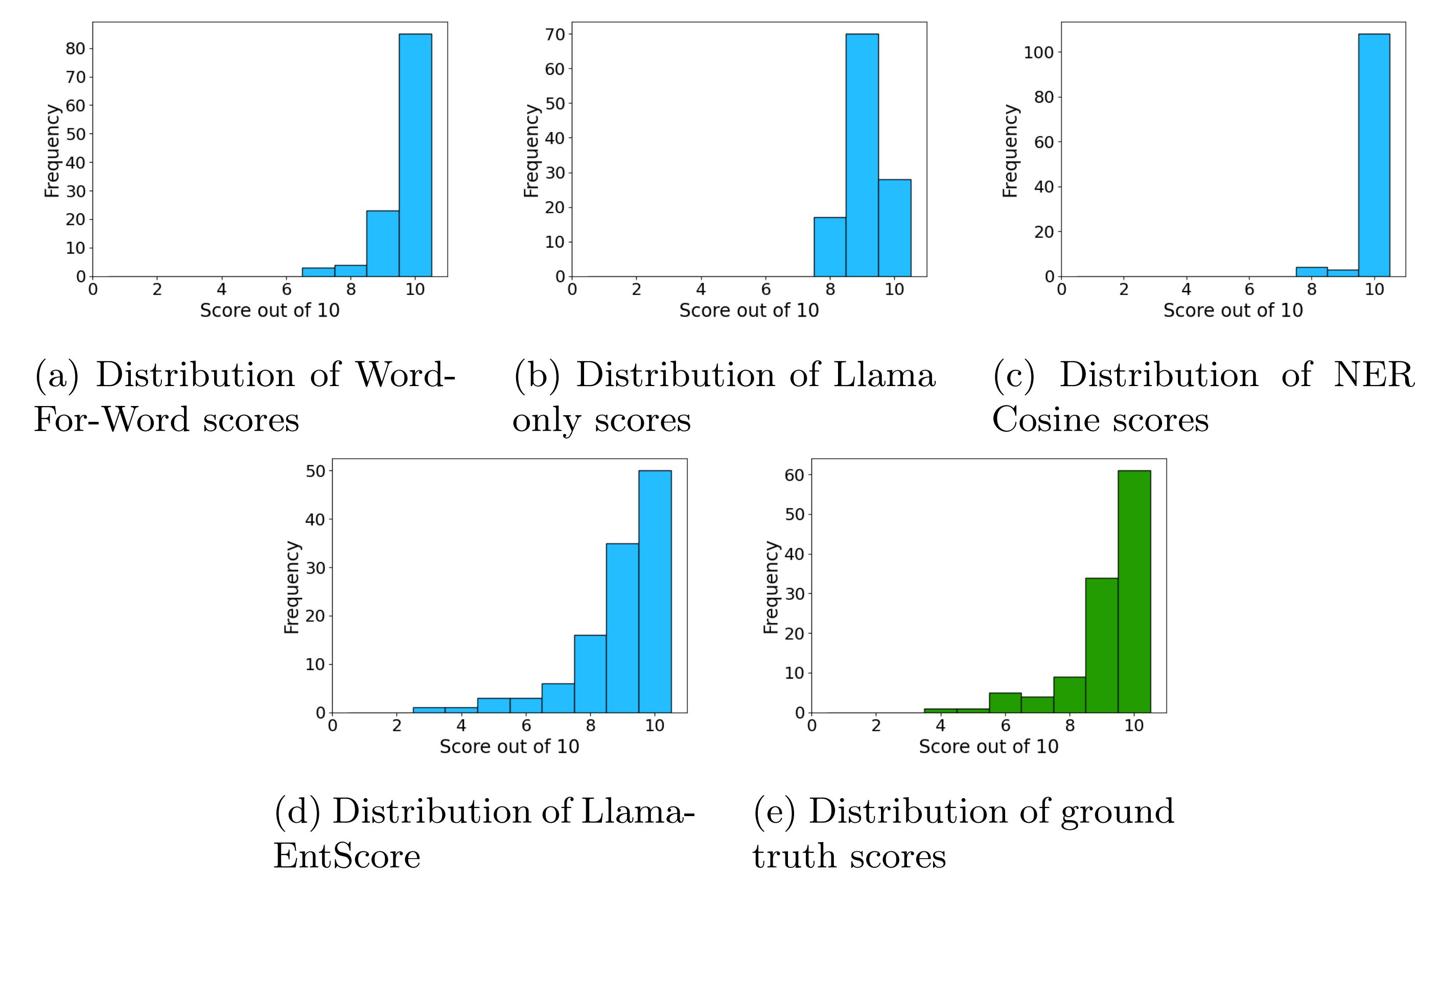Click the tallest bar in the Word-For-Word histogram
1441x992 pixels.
pyautogui.click(x=415, y=155)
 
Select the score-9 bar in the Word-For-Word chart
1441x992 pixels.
pyautogui.click(x=383, y=243)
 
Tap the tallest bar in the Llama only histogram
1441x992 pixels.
pyautogui.click(x=862, y=155)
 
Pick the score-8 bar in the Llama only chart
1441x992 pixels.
pyautogui.click(x=830, y=247)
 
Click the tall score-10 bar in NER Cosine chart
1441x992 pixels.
pyautogui.click(x=1374, y=155)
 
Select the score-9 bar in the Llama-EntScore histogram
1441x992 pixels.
pyautogui.click(x=622, y=628)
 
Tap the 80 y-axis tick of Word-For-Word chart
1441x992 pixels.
pyautogui.click(x=75, y=49)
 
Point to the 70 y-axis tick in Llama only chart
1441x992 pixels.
pyautogui.click(x=554, y=34)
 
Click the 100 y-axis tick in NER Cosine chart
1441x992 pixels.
pyautogui.click(x=1038, y=52)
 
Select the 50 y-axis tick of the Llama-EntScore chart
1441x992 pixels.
pyautogui.click(x=315, y=470)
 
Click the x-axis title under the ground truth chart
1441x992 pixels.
pyautogui.click(x=988, y=746)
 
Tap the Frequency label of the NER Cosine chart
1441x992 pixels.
pyautogui.click(x=1011, y=150)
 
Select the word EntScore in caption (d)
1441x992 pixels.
pyautogui.click(x=346, y=856)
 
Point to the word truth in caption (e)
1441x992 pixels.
pyautogui.click(x=792, y=856)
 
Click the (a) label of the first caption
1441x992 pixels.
pyautogui.click(x=57, y=375)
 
